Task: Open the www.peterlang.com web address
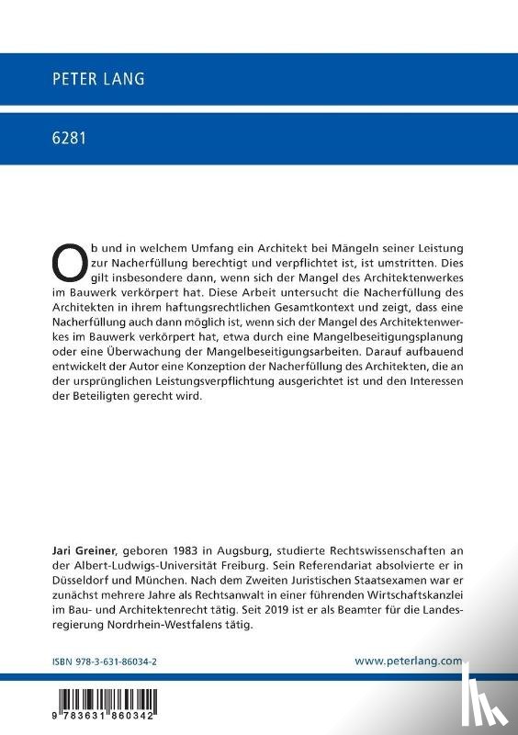click(421, 660)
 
